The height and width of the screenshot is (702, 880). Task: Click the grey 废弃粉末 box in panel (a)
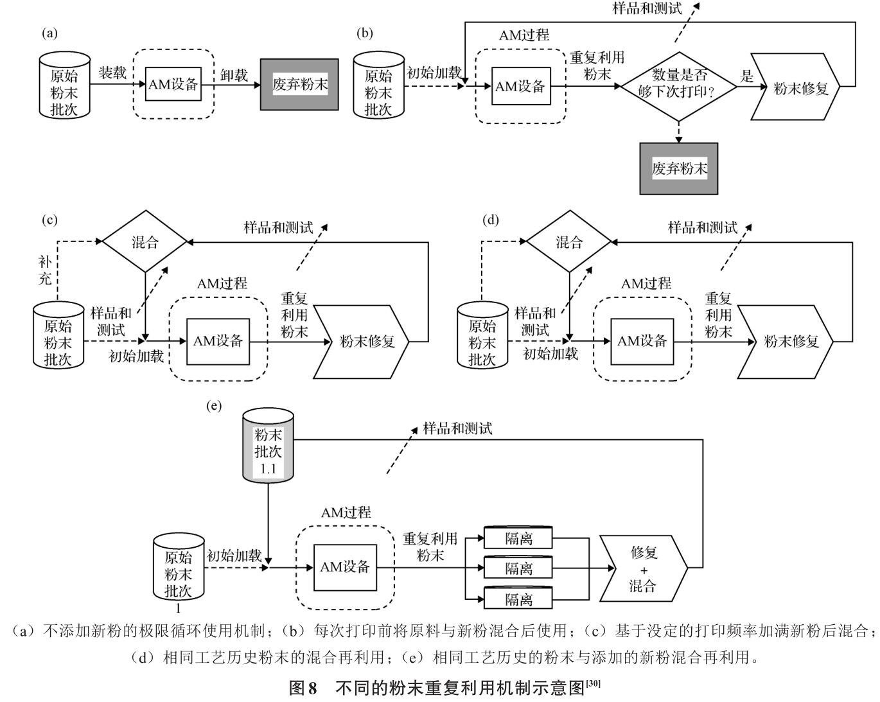point(299,84)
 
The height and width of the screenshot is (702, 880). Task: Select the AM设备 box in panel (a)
point(173,83)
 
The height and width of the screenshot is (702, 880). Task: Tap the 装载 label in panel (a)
point(112,73)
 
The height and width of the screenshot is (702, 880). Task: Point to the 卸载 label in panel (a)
point(234,76)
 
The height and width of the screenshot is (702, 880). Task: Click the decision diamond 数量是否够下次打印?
point(678,86)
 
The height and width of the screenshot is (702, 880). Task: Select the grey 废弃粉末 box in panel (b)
point(678,168)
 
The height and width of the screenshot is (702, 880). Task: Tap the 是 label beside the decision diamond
point(746,76)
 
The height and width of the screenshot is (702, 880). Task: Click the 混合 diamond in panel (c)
point(145,242)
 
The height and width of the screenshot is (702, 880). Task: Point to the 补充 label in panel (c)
point(45,270)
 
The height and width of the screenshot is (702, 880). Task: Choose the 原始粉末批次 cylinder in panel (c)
point(58,335)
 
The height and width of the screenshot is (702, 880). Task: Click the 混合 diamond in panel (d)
point(569,242)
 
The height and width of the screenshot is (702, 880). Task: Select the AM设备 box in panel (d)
point(642,341)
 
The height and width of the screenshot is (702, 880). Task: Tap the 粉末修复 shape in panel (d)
point(793,341)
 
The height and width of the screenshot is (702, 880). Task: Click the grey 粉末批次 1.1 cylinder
point(268,447)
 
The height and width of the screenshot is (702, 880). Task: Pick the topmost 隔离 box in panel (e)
point(518,538)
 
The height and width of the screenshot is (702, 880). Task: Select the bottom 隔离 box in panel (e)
point(518,599)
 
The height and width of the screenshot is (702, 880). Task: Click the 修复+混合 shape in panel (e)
point(643,569)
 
